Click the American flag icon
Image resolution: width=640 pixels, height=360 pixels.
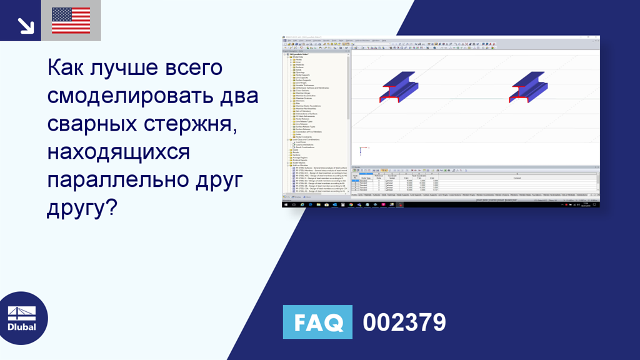[71, 20]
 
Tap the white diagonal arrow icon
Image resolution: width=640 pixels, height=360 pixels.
[26, 24]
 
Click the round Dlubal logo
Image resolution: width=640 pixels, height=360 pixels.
[22, 318]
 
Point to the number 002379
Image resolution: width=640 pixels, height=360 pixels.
[404, 322]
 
